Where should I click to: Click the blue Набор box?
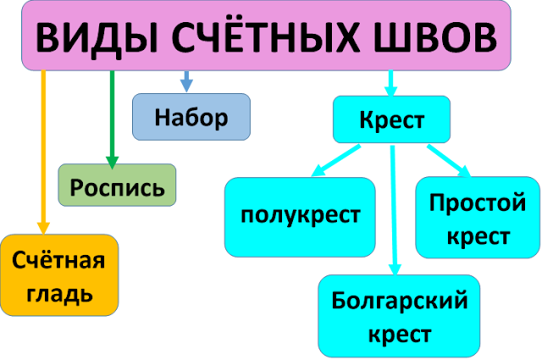click(x=191, y=117)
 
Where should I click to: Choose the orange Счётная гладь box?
click(x=58, y=276)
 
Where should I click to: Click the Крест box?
click(x=391, y=121)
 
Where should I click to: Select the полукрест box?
click(x=300, y=215)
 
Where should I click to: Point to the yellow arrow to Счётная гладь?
click(x=43, y=152)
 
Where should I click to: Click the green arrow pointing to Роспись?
click(x=112, y=119)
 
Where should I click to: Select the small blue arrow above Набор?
click(x=186, y=81)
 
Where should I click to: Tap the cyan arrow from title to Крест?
click(x=390, y=82)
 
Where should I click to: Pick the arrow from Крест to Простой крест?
click(x=449, y=162)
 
